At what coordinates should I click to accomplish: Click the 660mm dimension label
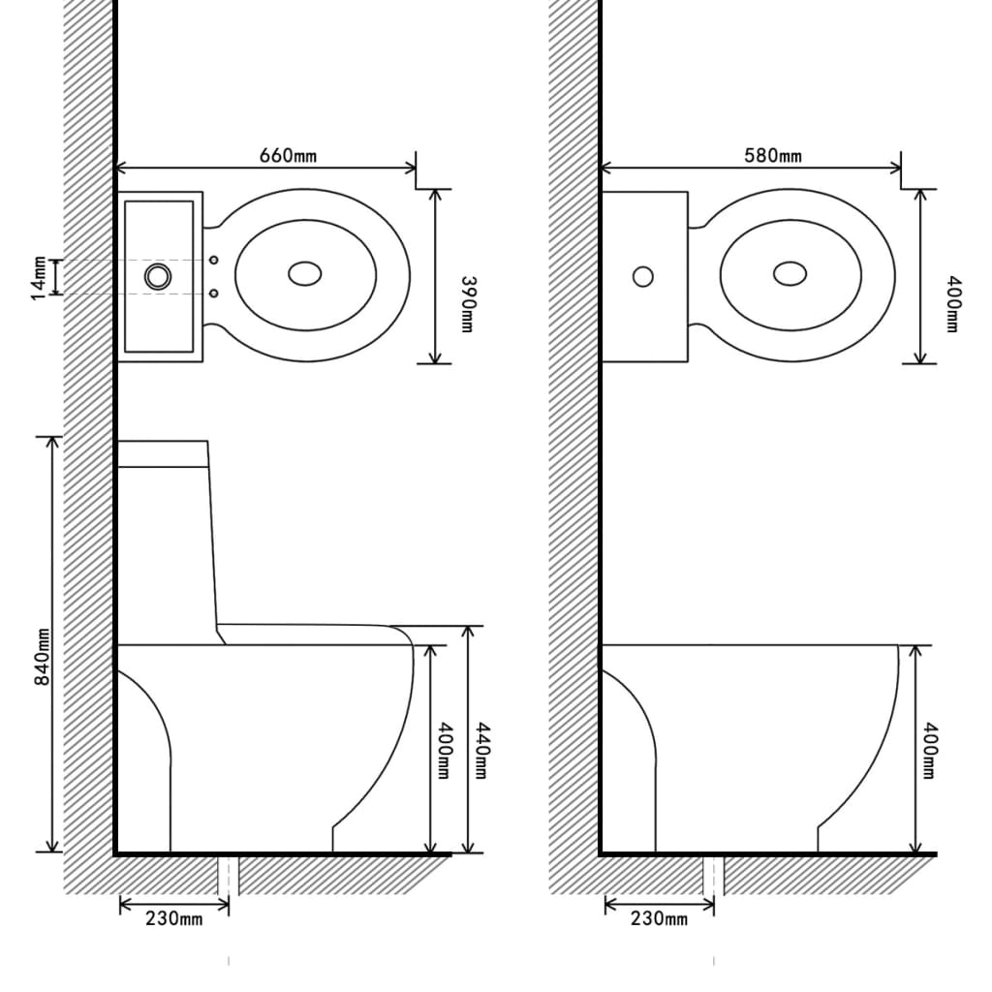[x=287, y=155]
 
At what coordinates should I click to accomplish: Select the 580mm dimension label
[x=772, y=155]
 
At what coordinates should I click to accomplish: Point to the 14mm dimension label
[x=38, y=277]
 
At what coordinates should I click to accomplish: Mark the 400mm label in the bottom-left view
[x=444, y=751]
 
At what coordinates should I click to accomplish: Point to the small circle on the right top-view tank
[x=642, y=276]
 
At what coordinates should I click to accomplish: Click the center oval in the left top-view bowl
[x=305, y=274]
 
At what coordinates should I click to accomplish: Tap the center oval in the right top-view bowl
[x=790, y=274]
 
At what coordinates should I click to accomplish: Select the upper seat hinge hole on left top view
[x=215, y=260]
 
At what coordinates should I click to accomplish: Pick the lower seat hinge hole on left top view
[x=215, y=293]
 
